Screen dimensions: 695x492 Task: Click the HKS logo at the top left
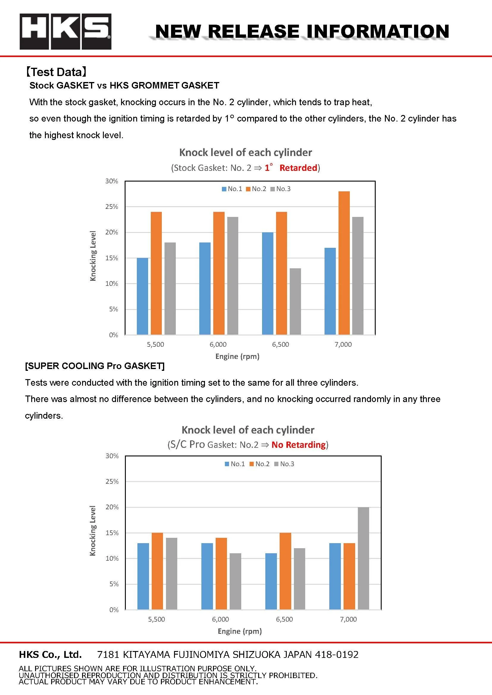[65, 31]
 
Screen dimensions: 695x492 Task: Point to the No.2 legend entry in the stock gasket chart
[256, 189]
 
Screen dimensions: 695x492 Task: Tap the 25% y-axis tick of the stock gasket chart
[112, 207]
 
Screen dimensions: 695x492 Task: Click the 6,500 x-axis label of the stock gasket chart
[281, 344]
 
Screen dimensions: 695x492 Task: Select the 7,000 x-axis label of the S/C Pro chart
[348, 619]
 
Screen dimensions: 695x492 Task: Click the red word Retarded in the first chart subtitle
[298, 168]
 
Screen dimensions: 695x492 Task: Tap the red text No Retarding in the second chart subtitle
[298, 445]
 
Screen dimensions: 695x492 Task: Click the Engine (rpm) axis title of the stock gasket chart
[237, 356]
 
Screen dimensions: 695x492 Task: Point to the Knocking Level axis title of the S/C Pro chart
[93, 531]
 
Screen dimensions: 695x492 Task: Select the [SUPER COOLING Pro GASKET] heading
[95, 366]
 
